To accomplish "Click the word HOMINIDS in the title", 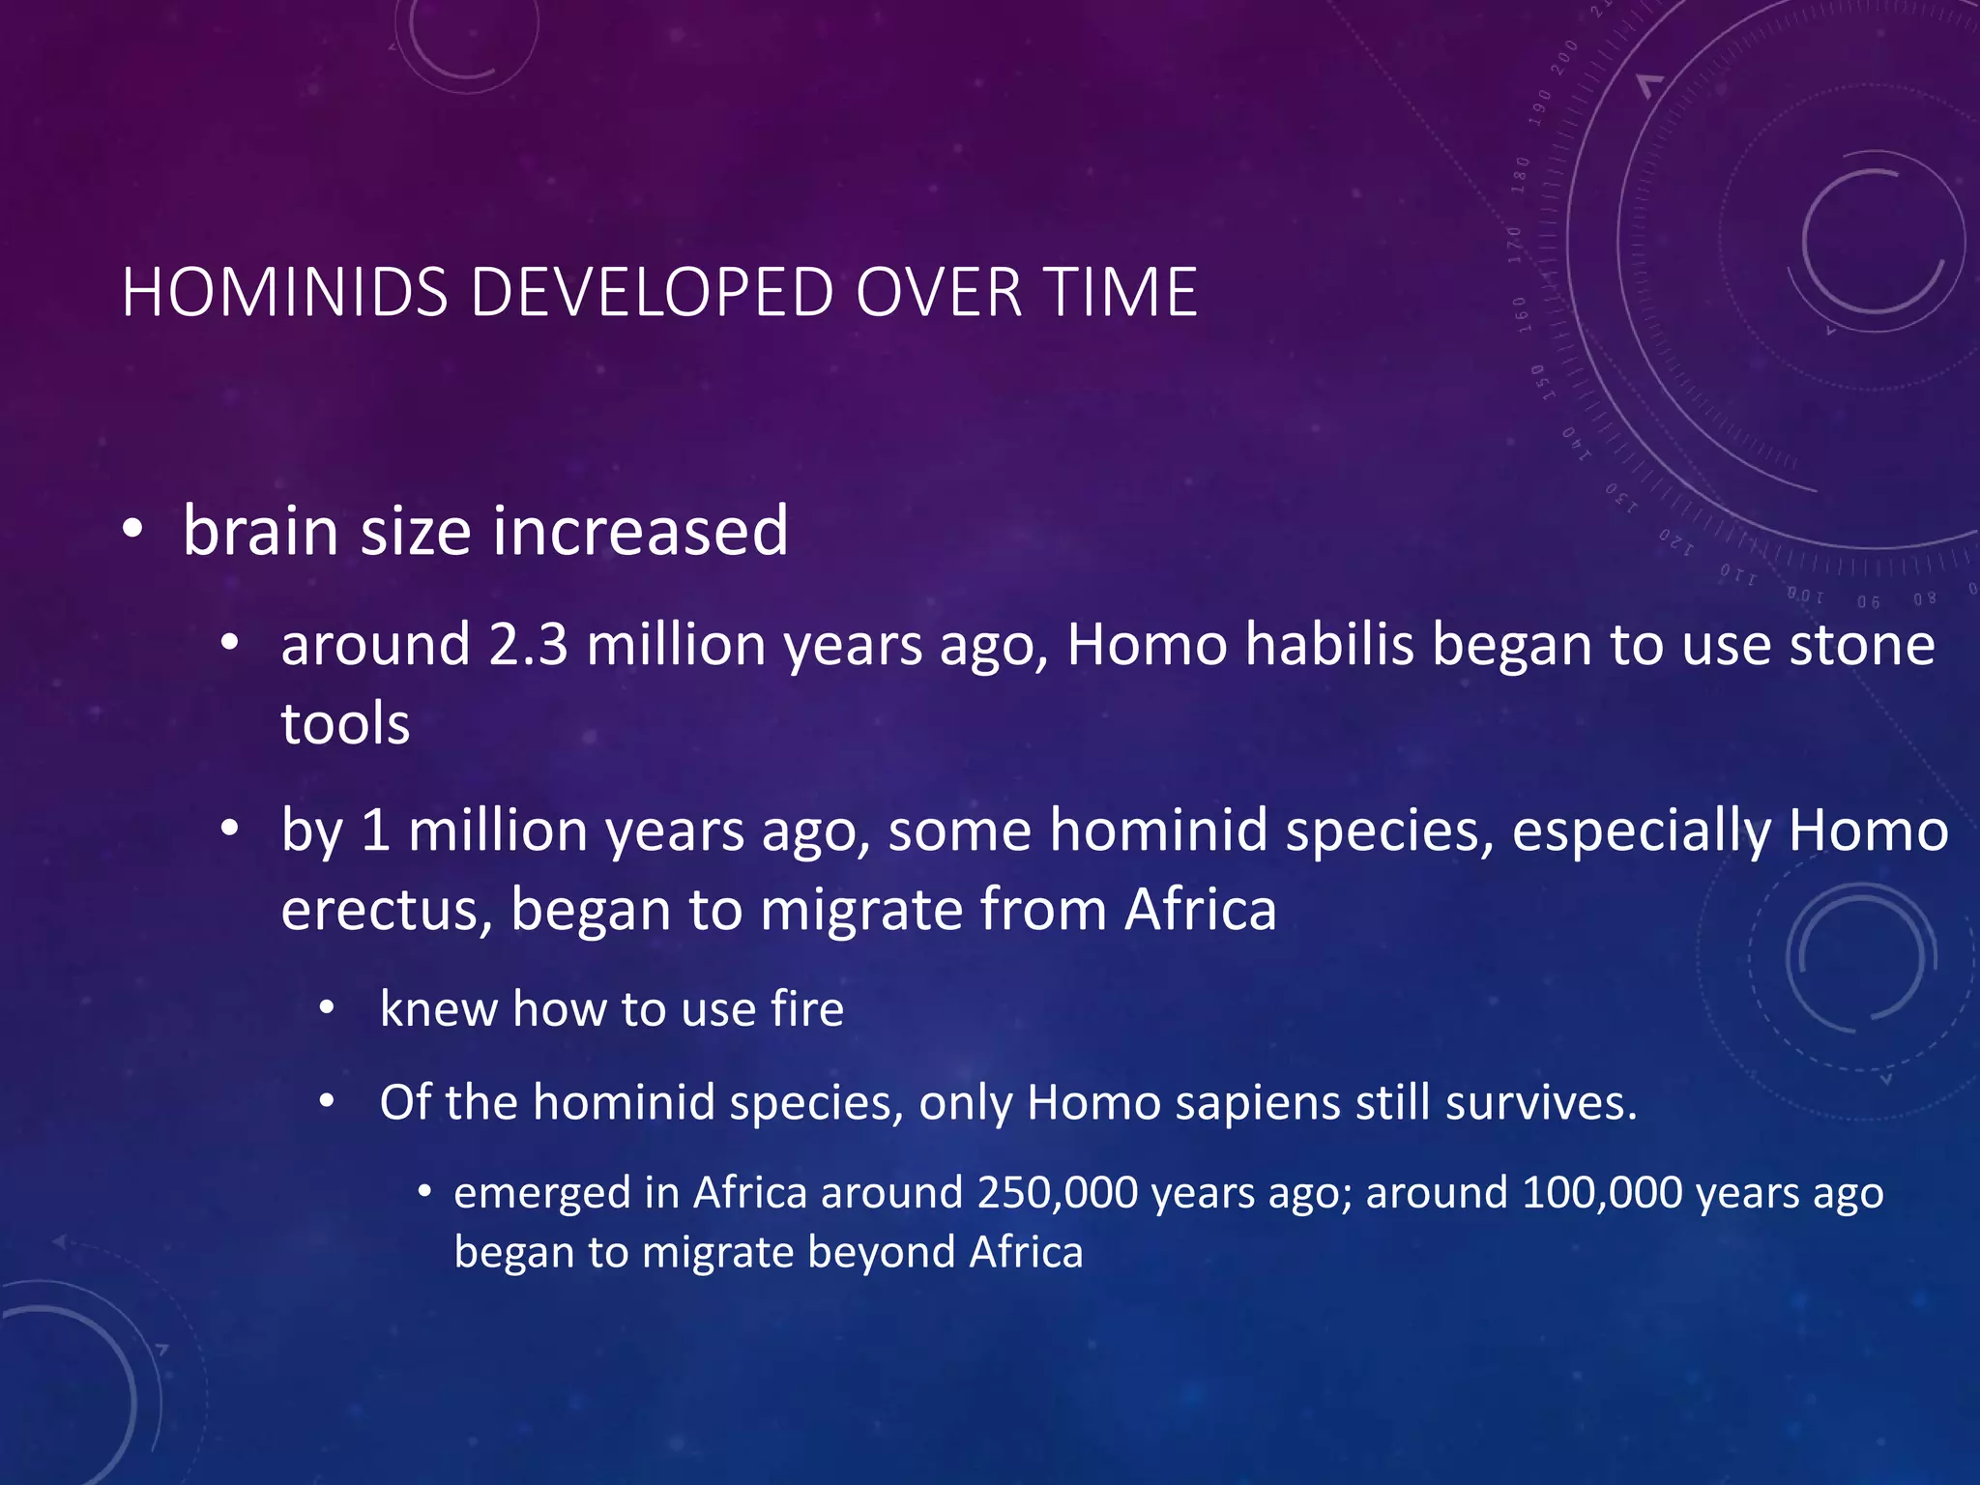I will (x=285, y=292).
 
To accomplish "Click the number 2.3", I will (x=528, y=645).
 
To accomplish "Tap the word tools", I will (x=345, y=724).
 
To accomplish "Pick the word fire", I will (x=806, y=1009).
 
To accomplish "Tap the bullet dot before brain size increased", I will (x=133, y=530).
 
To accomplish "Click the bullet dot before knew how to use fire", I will (x=328, y=1008).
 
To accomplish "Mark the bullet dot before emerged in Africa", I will (x=423, y=1192).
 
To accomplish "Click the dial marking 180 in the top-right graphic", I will (x=1522, y=174).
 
